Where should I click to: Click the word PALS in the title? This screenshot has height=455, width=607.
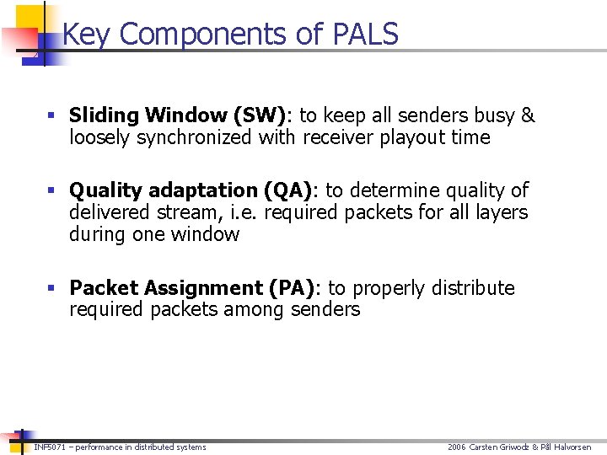[x=366, y=34]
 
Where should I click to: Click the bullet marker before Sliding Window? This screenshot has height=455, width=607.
[x=53, y=116]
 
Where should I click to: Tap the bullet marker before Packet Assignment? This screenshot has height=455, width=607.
[x=53, y=289]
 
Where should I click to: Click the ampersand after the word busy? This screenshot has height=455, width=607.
[x=528, y=115]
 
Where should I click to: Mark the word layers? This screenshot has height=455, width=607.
[x=497, y=212]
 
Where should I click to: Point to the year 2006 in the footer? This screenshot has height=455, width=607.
[x=457, y=447]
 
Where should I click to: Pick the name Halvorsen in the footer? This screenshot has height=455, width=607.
[x=572, y=447]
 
